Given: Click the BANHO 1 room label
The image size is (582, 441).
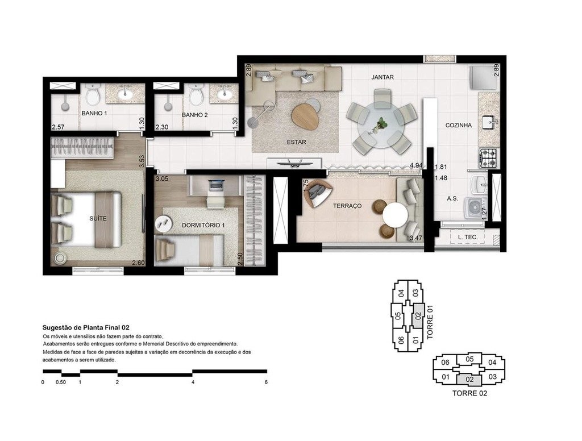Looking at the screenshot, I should (x=94, y=114).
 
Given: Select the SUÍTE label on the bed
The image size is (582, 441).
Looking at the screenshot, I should (x=98, y=218).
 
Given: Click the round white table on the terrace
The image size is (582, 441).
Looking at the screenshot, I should (x=395, y=215).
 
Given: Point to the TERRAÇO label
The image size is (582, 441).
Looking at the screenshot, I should (x=347, y=206).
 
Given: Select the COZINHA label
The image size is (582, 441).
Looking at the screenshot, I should (x=458, y=126).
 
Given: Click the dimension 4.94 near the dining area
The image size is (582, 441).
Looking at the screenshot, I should (x=417, y=166).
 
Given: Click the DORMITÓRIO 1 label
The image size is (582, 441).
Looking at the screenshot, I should (x=203, y=225).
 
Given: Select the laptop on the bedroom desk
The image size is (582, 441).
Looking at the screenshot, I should (x=217, y=185).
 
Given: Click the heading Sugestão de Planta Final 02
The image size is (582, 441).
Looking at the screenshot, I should (x=86, y=327).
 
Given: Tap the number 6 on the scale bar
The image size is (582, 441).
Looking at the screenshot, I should (x=266, y=382).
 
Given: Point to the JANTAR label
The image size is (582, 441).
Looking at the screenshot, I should (x=383, y=77).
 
